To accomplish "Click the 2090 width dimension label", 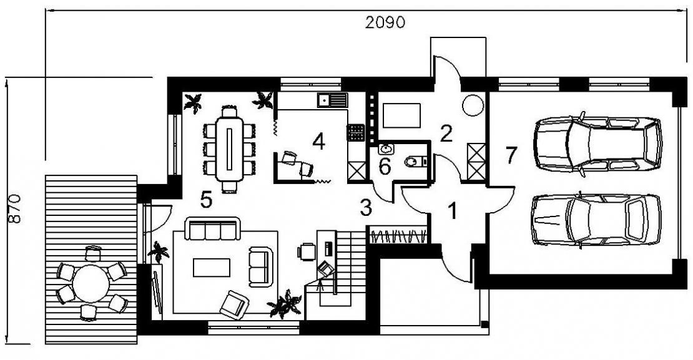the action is point(385,22).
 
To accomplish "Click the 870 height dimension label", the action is point(14,208).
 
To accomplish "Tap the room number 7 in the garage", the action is point(511,155).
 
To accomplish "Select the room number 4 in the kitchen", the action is point(318,142).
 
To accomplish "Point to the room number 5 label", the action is point(207,200).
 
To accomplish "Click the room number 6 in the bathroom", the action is point(385,167).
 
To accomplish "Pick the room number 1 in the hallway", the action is point(451,211).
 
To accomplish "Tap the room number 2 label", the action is point(446,134).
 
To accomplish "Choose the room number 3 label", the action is point(366,208).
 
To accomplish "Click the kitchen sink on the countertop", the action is point(332,100).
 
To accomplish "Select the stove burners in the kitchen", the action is point(356,132).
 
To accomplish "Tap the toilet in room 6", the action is point(413,162).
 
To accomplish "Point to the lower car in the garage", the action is point(596,220).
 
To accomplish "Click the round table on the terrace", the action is point(91,283).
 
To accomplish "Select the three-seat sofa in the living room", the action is point(212,228).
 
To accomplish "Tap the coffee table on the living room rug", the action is point(212,268).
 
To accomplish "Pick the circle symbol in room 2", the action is point(473,105).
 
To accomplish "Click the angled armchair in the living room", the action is point(234,304).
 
